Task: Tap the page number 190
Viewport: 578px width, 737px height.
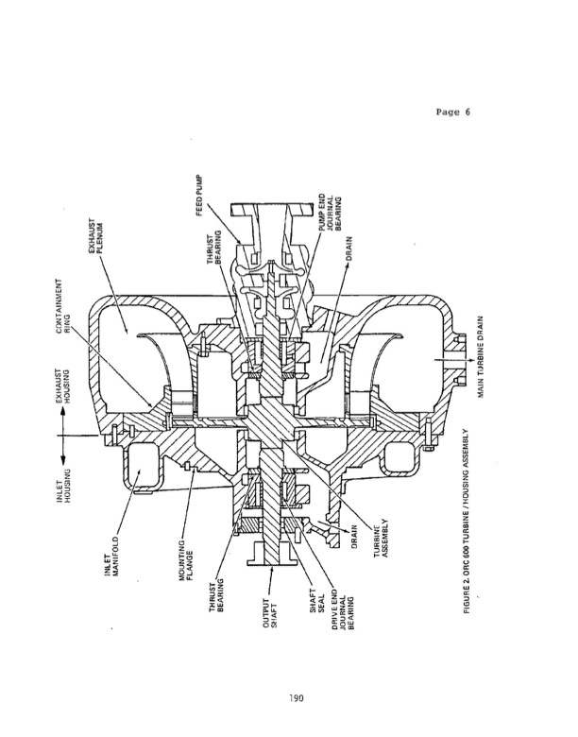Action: tap(290, 700)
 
